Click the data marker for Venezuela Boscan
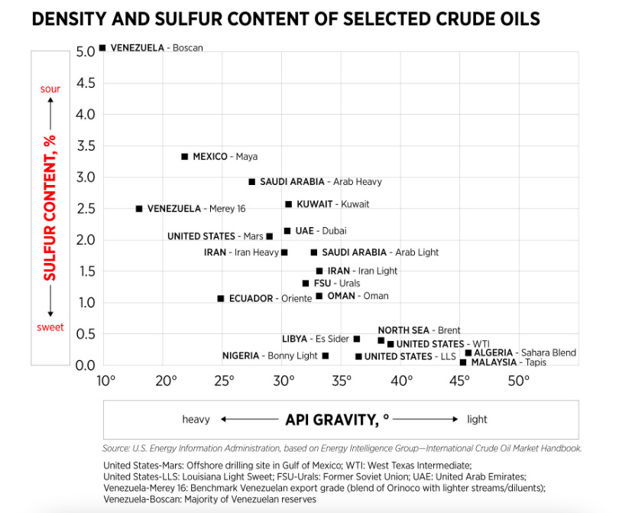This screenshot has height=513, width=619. [102, 47]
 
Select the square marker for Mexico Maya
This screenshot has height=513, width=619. [184, 157]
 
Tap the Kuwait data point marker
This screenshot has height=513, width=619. [288, 204]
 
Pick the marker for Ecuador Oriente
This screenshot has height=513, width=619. [221, 298]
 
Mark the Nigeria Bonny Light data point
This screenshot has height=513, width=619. [326, 356]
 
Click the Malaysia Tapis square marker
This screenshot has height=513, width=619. [463, 362]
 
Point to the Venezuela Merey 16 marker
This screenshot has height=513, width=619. [139, 209]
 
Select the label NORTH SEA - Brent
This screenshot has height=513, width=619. [419, 330]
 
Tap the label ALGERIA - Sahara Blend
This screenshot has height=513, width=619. [524, 352]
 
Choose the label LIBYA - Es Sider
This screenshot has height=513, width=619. [316, 339]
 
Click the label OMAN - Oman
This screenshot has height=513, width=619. [358, 296]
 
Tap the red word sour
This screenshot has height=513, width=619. [50, 89]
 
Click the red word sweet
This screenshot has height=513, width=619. [51, 327]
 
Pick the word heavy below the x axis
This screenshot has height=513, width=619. [196, 419]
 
